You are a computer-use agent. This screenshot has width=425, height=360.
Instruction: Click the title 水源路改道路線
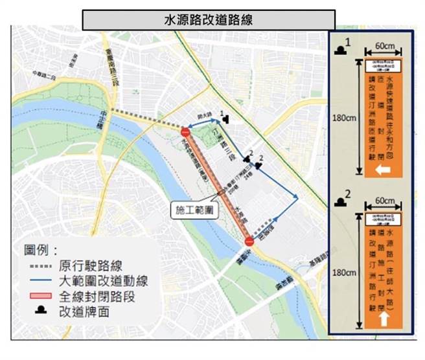point(208,19)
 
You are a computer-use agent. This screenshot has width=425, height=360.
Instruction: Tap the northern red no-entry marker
point(186,131)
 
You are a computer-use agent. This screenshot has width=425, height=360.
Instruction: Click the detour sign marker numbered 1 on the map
point(226,118)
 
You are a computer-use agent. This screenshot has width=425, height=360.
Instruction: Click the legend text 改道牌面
point(83,310)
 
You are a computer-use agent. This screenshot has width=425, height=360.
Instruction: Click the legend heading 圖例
point(41,250)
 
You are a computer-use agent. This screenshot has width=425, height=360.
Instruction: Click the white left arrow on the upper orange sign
point(384,170)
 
